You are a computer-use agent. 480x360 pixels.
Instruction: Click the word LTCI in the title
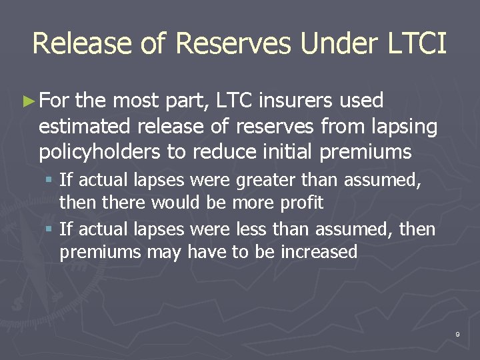coord(416,43)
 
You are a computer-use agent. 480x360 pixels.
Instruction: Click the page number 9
coord(457,333)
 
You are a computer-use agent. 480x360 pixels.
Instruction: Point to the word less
coord(251,230)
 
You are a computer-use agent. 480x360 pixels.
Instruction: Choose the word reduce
coord(223,152)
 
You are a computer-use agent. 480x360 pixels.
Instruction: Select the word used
coord(361,101)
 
